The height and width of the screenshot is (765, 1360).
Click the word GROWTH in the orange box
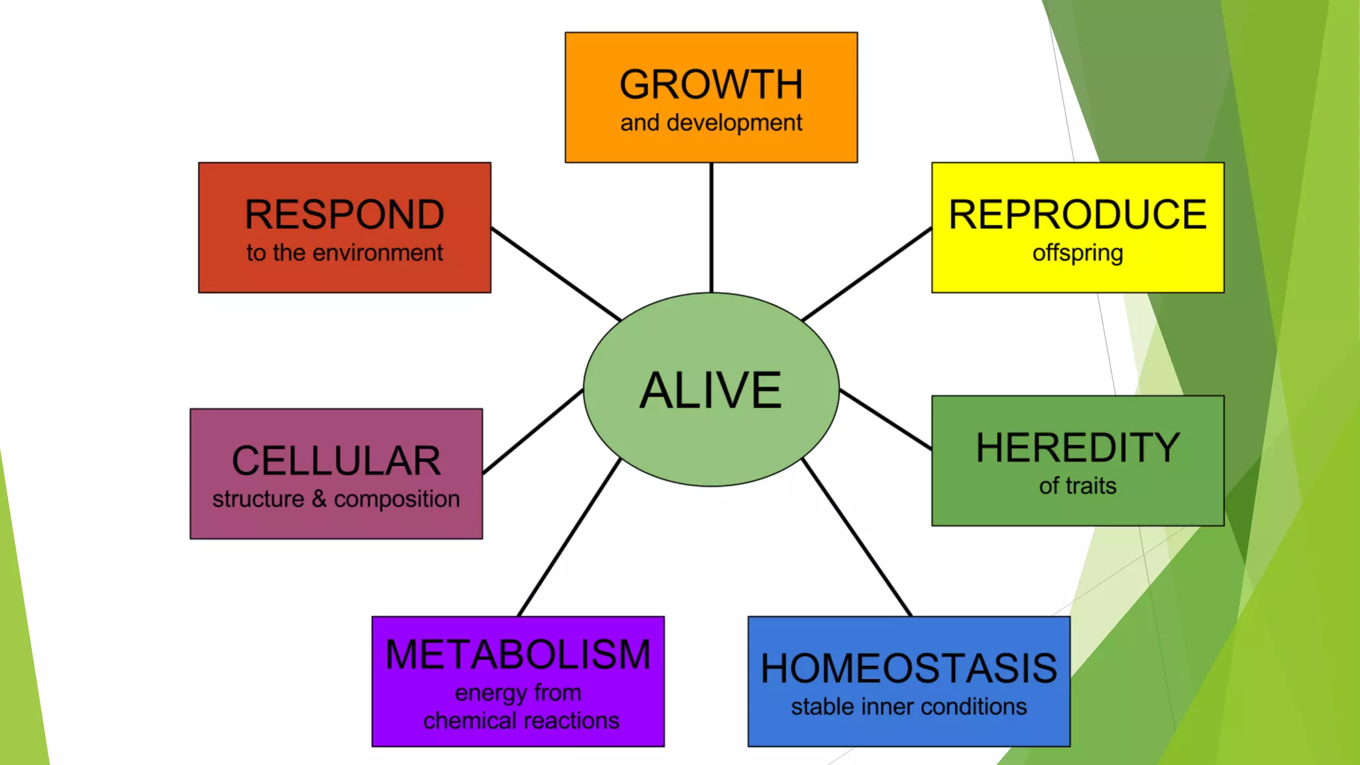[x=711, y=84]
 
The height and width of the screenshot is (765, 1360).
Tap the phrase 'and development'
[x=711, y=124]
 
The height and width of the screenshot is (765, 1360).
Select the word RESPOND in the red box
[x=345, y=214]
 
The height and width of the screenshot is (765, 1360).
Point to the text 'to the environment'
[x=345, y=253]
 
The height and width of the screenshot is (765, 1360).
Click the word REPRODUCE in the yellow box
[x=1077, y=214]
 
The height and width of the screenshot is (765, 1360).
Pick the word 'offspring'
[x=1077, y=254]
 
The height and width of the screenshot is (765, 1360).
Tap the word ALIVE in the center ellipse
[x=711, y=390]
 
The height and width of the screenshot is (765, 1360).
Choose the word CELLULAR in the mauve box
[x=336, y=461]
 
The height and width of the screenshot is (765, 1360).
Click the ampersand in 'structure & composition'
[x=319, y=499]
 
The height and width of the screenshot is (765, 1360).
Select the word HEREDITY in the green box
[x=1077, y=448]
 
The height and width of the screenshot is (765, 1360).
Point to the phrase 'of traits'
[x=1077, y=486]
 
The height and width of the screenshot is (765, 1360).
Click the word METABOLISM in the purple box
[x=518, y=655]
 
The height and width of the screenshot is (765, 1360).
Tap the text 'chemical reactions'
[x=521, y=721]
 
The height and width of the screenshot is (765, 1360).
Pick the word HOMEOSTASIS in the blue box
[x=908, y=668]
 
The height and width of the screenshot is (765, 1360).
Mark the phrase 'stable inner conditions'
[x=908, y=707]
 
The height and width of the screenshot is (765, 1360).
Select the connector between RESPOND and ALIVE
[x=556, y=274]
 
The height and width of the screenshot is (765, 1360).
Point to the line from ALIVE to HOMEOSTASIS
[x=857, y=537]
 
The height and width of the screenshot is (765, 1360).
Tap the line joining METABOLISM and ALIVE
[x=569, y=537]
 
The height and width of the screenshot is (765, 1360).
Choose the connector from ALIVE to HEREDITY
[x=885, y=420]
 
